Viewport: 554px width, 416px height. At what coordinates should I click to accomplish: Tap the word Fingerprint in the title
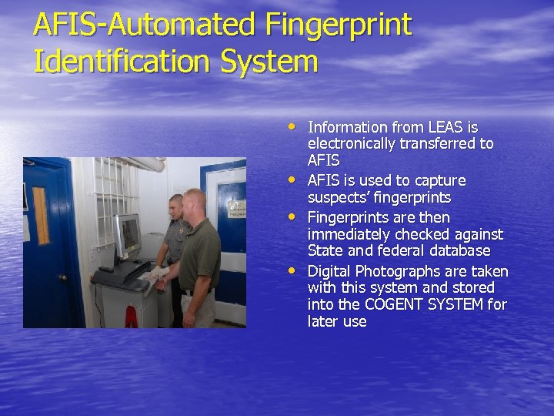[339, 25]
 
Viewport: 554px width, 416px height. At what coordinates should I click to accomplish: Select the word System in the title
[269, 62]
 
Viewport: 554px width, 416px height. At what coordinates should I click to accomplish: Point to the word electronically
[356, 144]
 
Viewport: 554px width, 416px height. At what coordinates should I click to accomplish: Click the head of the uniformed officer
[176, 206]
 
